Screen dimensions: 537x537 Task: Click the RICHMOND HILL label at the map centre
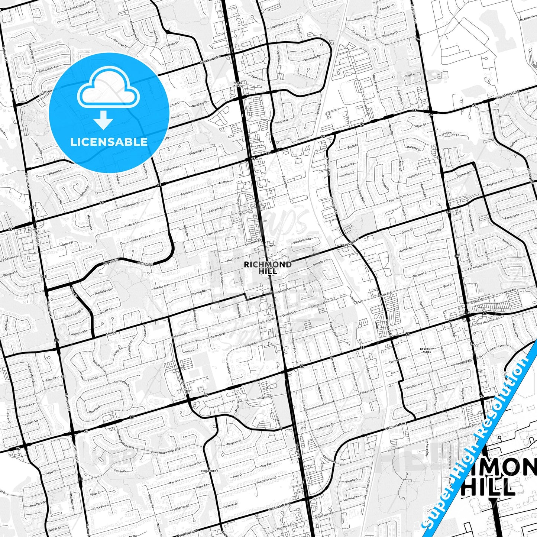tap(268, 267)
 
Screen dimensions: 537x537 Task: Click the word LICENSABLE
tap(109, 142)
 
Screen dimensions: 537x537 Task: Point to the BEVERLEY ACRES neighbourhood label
tap(427, 350)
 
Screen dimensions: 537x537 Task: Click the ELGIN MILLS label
tap(237, 84)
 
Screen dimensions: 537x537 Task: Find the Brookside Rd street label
tap(210, 60)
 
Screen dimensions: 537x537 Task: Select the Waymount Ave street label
tap(83, 13)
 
